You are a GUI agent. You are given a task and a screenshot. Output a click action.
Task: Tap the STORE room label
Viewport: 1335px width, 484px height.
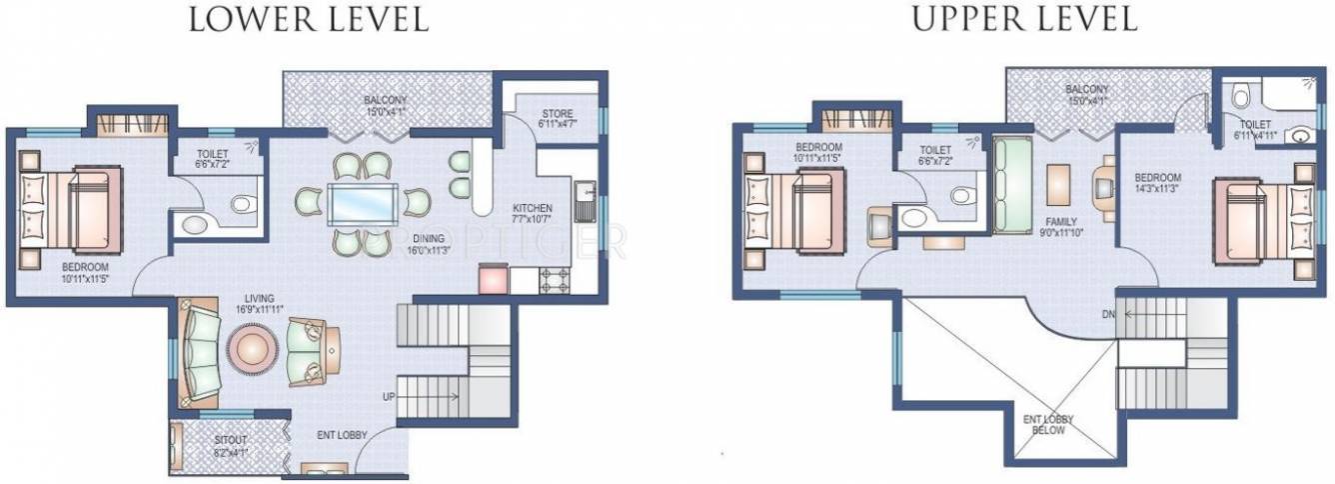click(558, 113)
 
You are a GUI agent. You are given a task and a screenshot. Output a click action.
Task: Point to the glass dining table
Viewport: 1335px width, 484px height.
click(362, 203)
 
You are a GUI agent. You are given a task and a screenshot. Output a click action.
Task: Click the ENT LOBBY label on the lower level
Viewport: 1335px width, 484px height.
click(342, 435)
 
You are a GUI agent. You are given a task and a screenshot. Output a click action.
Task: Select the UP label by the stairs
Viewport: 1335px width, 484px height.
click(388, 397)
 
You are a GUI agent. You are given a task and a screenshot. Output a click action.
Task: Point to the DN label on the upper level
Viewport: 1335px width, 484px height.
click(1108, 315)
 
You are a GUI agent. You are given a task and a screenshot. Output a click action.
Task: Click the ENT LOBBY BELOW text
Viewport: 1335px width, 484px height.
click(1042, 424)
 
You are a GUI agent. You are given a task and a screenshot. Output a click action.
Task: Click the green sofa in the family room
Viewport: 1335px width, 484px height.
click(1012, 179)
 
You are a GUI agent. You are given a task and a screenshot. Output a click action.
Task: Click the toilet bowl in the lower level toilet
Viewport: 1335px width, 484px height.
click(241, 204)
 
